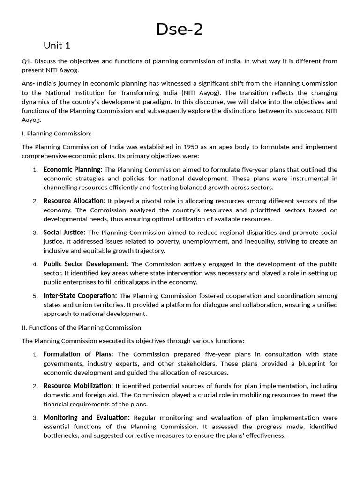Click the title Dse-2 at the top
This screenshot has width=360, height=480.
180,29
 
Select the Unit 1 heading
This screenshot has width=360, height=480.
57,45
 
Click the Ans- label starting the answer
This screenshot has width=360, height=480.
29,84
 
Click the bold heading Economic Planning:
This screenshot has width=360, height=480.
73,169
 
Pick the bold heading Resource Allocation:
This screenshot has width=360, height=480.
74,201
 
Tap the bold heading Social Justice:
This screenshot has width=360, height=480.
64,232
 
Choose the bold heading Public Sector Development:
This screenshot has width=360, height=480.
86,264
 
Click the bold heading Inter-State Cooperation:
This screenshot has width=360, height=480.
80,296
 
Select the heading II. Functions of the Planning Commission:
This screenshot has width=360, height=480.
82,328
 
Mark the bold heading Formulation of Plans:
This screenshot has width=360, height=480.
78,354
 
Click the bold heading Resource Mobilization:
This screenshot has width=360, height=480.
78,386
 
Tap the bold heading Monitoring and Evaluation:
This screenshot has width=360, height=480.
87,417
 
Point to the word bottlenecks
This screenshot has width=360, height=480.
62,435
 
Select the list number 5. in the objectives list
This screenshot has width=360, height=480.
36,296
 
